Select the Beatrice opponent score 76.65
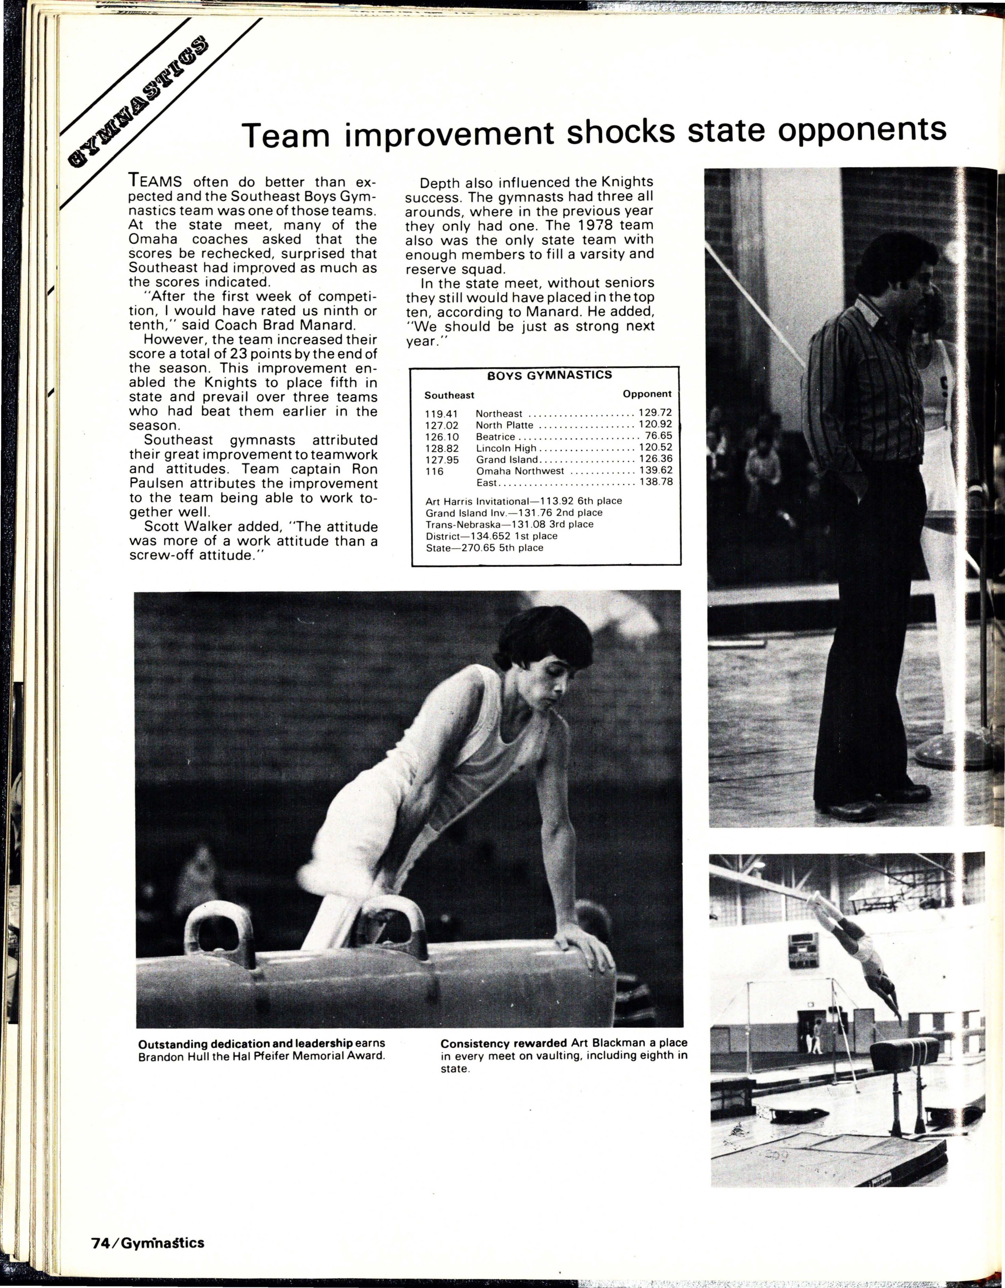(659, 436)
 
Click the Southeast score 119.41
(441, 414)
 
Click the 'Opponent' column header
(647, 394)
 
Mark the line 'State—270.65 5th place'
(484, 548)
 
